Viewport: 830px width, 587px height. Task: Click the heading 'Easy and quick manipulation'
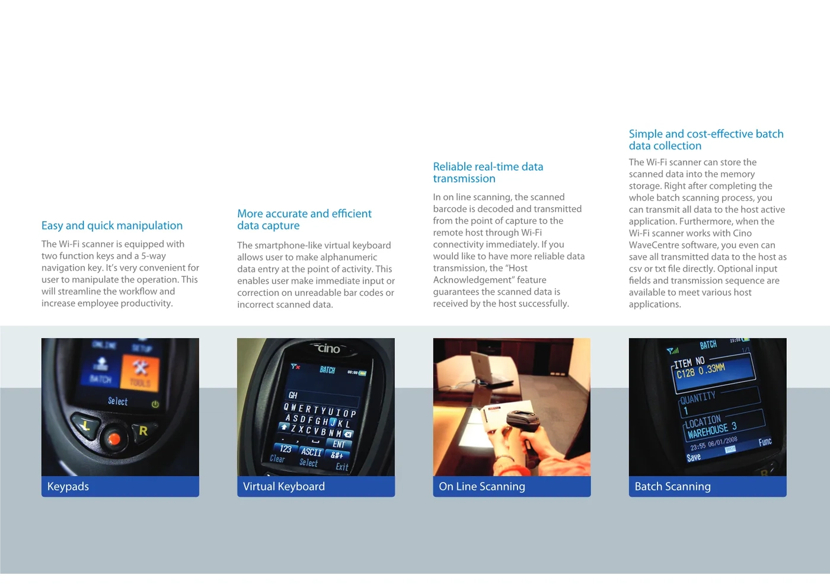pyautogui.click(x=112, y=225)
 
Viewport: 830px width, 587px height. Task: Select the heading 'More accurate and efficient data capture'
pyautogui.click(x=304, y=219)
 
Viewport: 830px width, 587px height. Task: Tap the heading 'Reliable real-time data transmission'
pyautogui.click(x=488, y=173)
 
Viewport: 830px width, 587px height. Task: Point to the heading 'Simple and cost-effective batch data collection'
pyautogui.click(x=706, y=140)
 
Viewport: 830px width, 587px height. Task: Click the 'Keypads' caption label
pyautogui.click(x=68, y=486)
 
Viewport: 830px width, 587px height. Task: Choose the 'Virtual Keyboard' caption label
pyautogui.click(x=284, y=486)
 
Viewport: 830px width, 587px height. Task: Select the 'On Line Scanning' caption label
pyautogui.click(x=481, y=486)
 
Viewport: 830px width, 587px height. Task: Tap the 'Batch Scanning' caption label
pyautogui.click(x=672, y=486)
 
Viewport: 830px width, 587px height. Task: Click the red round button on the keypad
pyautogui.click(x=114, y=439)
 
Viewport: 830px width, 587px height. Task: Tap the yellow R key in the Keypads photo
pyautogui.click(x=143, y=431)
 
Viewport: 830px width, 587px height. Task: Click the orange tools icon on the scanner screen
pyautogui.click(x=140, y=372)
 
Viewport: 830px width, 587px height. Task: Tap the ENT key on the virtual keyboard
pyautogui.click(x=339, y=444)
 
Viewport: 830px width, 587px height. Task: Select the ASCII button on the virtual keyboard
pyautogui.click(x=311, y=451)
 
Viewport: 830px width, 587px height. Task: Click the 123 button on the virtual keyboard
pyautogui.click(x=285, y=448)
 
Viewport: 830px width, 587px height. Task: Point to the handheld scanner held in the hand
pyautogui.click(x=522, y=430)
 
